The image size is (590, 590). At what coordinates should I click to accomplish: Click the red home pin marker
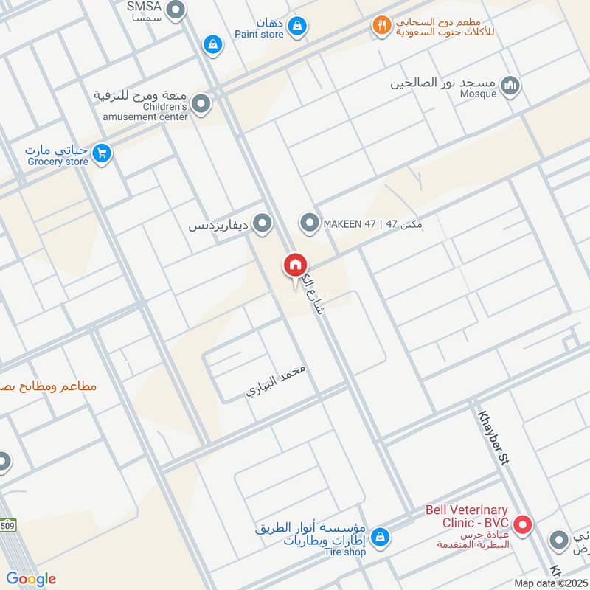point(295,265)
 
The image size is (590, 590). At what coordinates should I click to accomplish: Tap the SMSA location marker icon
point(176,10)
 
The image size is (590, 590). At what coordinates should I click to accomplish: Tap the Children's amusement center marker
point(201,105)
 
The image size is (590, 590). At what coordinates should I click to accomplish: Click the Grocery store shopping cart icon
point(102,153)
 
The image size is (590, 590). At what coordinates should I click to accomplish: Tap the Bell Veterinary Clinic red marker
point(524,525)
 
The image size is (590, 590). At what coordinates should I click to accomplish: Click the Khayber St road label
point(494,437)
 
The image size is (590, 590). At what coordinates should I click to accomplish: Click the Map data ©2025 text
point(549,583)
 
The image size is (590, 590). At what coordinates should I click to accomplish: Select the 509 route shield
point(7,525)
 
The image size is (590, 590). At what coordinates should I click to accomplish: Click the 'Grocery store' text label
point(58,162)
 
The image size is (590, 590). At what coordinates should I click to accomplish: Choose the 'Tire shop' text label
point(344,552)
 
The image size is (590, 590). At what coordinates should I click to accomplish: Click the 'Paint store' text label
point(259,34)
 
